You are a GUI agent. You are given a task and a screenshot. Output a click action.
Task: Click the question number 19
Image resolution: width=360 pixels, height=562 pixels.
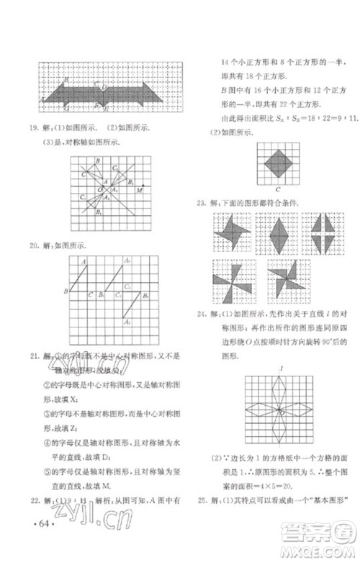(x=32, y=129)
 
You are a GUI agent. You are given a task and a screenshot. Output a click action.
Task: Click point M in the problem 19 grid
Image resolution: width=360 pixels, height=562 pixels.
(x=141, y=191)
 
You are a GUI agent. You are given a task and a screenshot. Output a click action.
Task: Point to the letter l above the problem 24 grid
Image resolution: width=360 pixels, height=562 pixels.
(x=278, y=368)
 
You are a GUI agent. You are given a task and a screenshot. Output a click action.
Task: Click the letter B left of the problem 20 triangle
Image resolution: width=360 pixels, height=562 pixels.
(x=65, y=291)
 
